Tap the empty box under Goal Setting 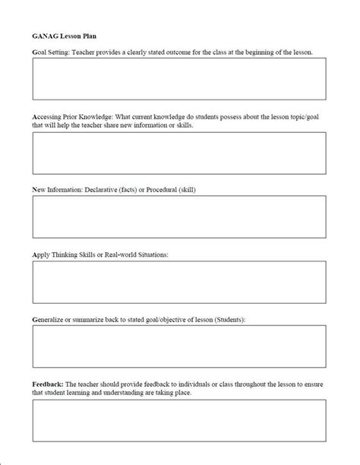click(179, 79)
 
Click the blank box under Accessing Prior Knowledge click(179, 153)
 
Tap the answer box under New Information click(179, 217)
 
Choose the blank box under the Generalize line click(179, 347)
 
